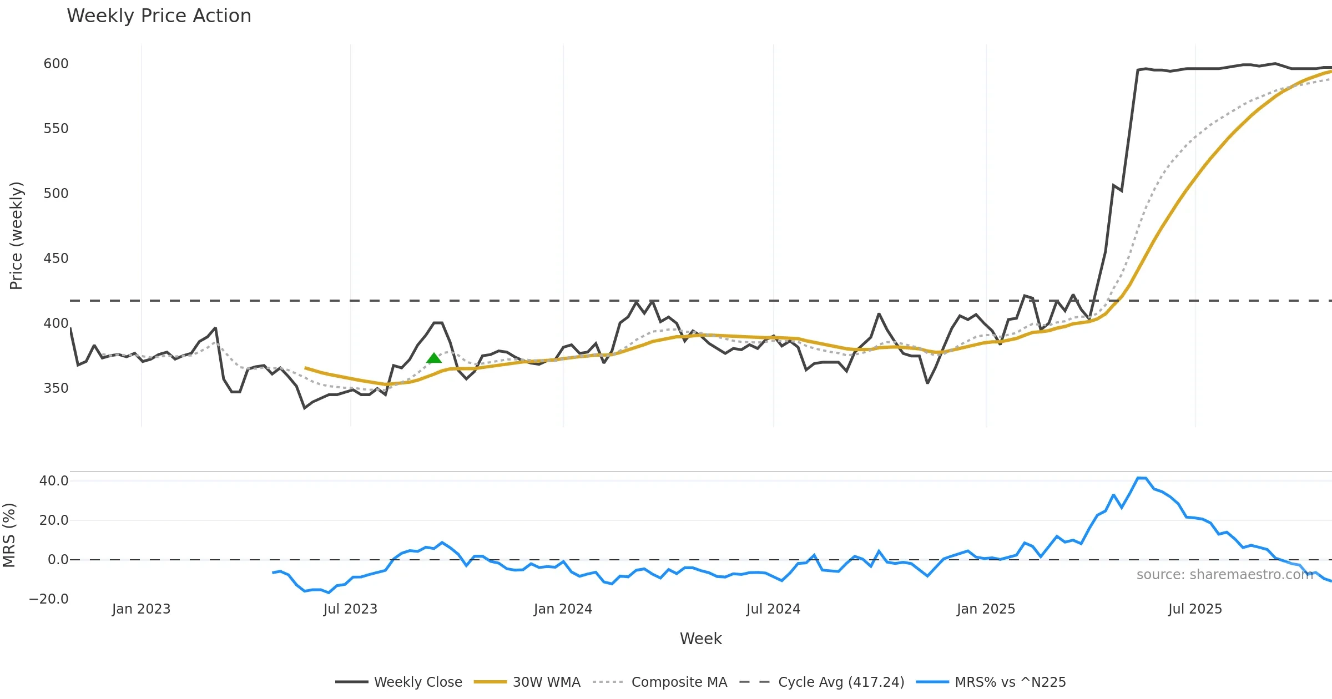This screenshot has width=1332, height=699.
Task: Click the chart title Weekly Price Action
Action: (159, 16)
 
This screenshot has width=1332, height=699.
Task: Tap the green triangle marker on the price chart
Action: (434, 358)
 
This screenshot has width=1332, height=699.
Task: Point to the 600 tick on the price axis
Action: (56, 64)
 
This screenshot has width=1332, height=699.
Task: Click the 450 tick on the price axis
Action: (56, 259)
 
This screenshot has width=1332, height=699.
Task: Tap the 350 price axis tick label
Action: (56, 388)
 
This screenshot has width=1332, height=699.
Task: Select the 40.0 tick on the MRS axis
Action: (54, 481)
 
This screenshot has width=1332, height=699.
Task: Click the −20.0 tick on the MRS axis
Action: (49, 599)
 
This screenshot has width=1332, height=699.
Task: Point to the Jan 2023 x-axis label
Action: (141, 609)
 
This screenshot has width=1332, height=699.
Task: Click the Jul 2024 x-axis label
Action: (773, 609)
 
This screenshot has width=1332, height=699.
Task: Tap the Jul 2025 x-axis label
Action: (1195, 609)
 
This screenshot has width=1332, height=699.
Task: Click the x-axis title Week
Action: (700, 639)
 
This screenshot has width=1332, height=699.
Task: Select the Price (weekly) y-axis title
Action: (16, 235)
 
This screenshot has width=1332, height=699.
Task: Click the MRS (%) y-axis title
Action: (9, 535)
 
